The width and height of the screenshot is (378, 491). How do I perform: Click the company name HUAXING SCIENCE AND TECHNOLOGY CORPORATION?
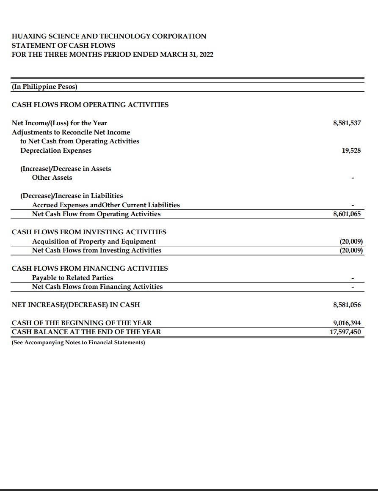(x=109, y=36)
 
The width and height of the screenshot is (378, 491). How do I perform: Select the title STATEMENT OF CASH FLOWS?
(x=63, y=45)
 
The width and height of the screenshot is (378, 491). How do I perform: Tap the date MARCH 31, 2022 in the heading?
(x=187, y=55)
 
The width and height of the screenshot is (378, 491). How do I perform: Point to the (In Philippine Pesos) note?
(x=44, y=87)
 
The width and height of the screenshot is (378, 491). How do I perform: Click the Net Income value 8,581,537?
(x=347, y=123)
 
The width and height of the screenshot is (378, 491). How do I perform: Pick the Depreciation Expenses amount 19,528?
(x=351, y=151)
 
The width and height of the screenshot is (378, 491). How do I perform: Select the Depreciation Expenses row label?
(x=56, y=151)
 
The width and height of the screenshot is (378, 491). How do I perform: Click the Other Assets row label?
(x=52, y=178)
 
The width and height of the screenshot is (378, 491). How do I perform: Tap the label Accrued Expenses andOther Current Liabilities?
(x=106, y=205)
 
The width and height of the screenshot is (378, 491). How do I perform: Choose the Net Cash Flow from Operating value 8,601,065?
(x=347, y=214)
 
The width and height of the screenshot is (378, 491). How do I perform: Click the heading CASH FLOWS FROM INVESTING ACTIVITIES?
(x=89, y=232)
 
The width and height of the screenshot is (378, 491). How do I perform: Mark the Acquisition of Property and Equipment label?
(x=94, y=241)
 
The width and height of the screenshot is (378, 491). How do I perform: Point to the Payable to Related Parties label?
(x=72, y=278)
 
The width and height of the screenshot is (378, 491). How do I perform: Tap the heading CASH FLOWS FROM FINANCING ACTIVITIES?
(x=90, y=269)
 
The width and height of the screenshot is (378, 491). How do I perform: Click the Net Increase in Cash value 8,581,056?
(x=347, y=305)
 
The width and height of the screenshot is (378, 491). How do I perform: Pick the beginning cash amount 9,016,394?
(x=347, y=323)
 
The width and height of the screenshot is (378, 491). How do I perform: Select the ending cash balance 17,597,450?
(x=345, y=332)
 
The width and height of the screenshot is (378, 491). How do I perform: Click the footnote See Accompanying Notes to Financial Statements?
(x=78, y=342)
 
